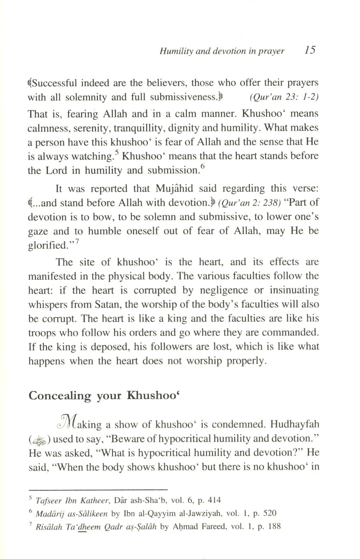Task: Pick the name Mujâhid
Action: [x=176, y=189]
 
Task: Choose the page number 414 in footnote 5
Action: [x=215, y=500]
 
